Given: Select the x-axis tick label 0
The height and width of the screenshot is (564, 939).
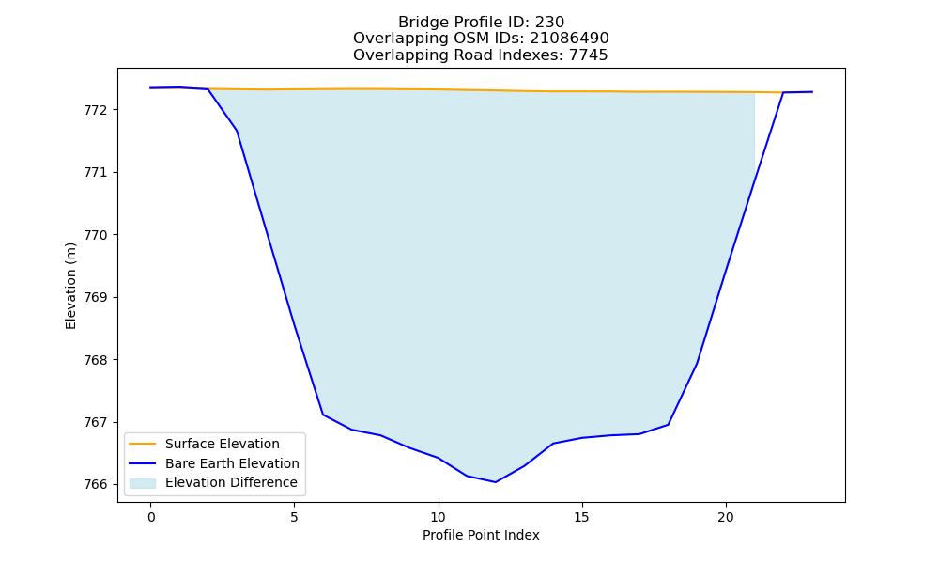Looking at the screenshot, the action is [151, 517].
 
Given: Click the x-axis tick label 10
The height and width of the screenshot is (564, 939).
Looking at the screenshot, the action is [439, 517].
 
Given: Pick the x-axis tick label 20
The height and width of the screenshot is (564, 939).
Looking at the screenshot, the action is [726, 517].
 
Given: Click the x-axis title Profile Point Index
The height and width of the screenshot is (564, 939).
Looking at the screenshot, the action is [481, 535].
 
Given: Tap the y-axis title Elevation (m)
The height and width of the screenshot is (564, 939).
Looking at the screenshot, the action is [70, 286].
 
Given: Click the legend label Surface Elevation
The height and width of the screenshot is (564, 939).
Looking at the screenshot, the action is [223, 444].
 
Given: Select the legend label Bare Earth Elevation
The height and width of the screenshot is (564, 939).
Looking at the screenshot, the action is [232, 463].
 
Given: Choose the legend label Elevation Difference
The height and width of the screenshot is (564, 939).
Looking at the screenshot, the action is [231, 482].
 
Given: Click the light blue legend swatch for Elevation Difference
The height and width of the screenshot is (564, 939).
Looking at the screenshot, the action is [143, 483].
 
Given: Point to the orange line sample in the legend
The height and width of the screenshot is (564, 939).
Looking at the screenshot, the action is [143, 444].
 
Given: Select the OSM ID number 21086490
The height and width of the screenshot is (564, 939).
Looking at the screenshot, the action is [569, 39].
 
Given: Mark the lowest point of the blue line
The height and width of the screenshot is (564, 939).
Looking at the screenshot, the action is [495, 482].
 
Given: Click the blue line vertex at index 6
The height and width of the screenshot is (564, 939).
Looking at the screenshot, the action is [323, 415].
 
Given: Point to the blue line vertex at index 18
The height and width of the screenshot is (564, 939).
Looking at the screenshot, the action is [668, 424].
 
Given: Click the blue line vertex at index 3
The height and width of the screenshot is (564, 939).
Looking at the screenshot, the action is [238, 131].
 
